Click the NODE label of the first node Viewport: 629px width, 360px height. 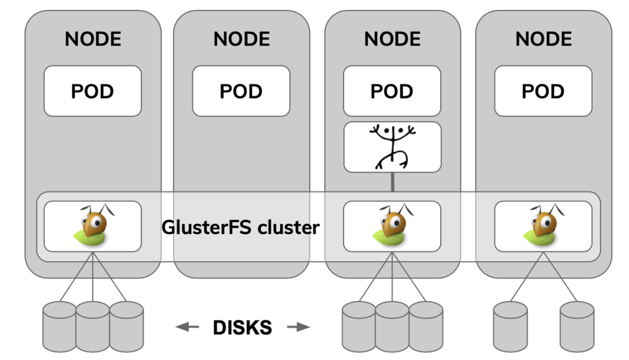[93, 39]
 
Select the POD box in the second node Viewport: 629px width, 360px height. [241, 91]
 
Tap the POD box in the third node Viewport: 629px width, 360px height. [392, 91]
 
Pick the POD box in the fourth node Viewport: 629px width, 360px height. [543, 91]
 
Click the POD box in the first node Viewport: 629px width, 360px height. [93, 91]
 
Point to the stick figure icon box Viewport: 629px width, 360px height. [392, 147]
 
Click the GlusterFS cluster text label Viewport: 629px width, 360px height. [241, 227]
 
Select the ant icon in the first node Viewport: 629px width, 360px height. [93, 227]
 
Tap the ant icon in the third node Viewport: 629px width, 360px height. [392, 227]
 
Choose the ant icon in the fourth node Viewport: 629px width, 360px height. [543, 227]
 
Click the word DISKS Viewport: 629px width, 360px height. [242, 327]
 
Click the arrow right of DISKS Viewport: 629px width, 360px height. [298, 327]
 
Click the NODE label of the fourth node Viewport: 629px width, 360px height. [543, 39]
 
